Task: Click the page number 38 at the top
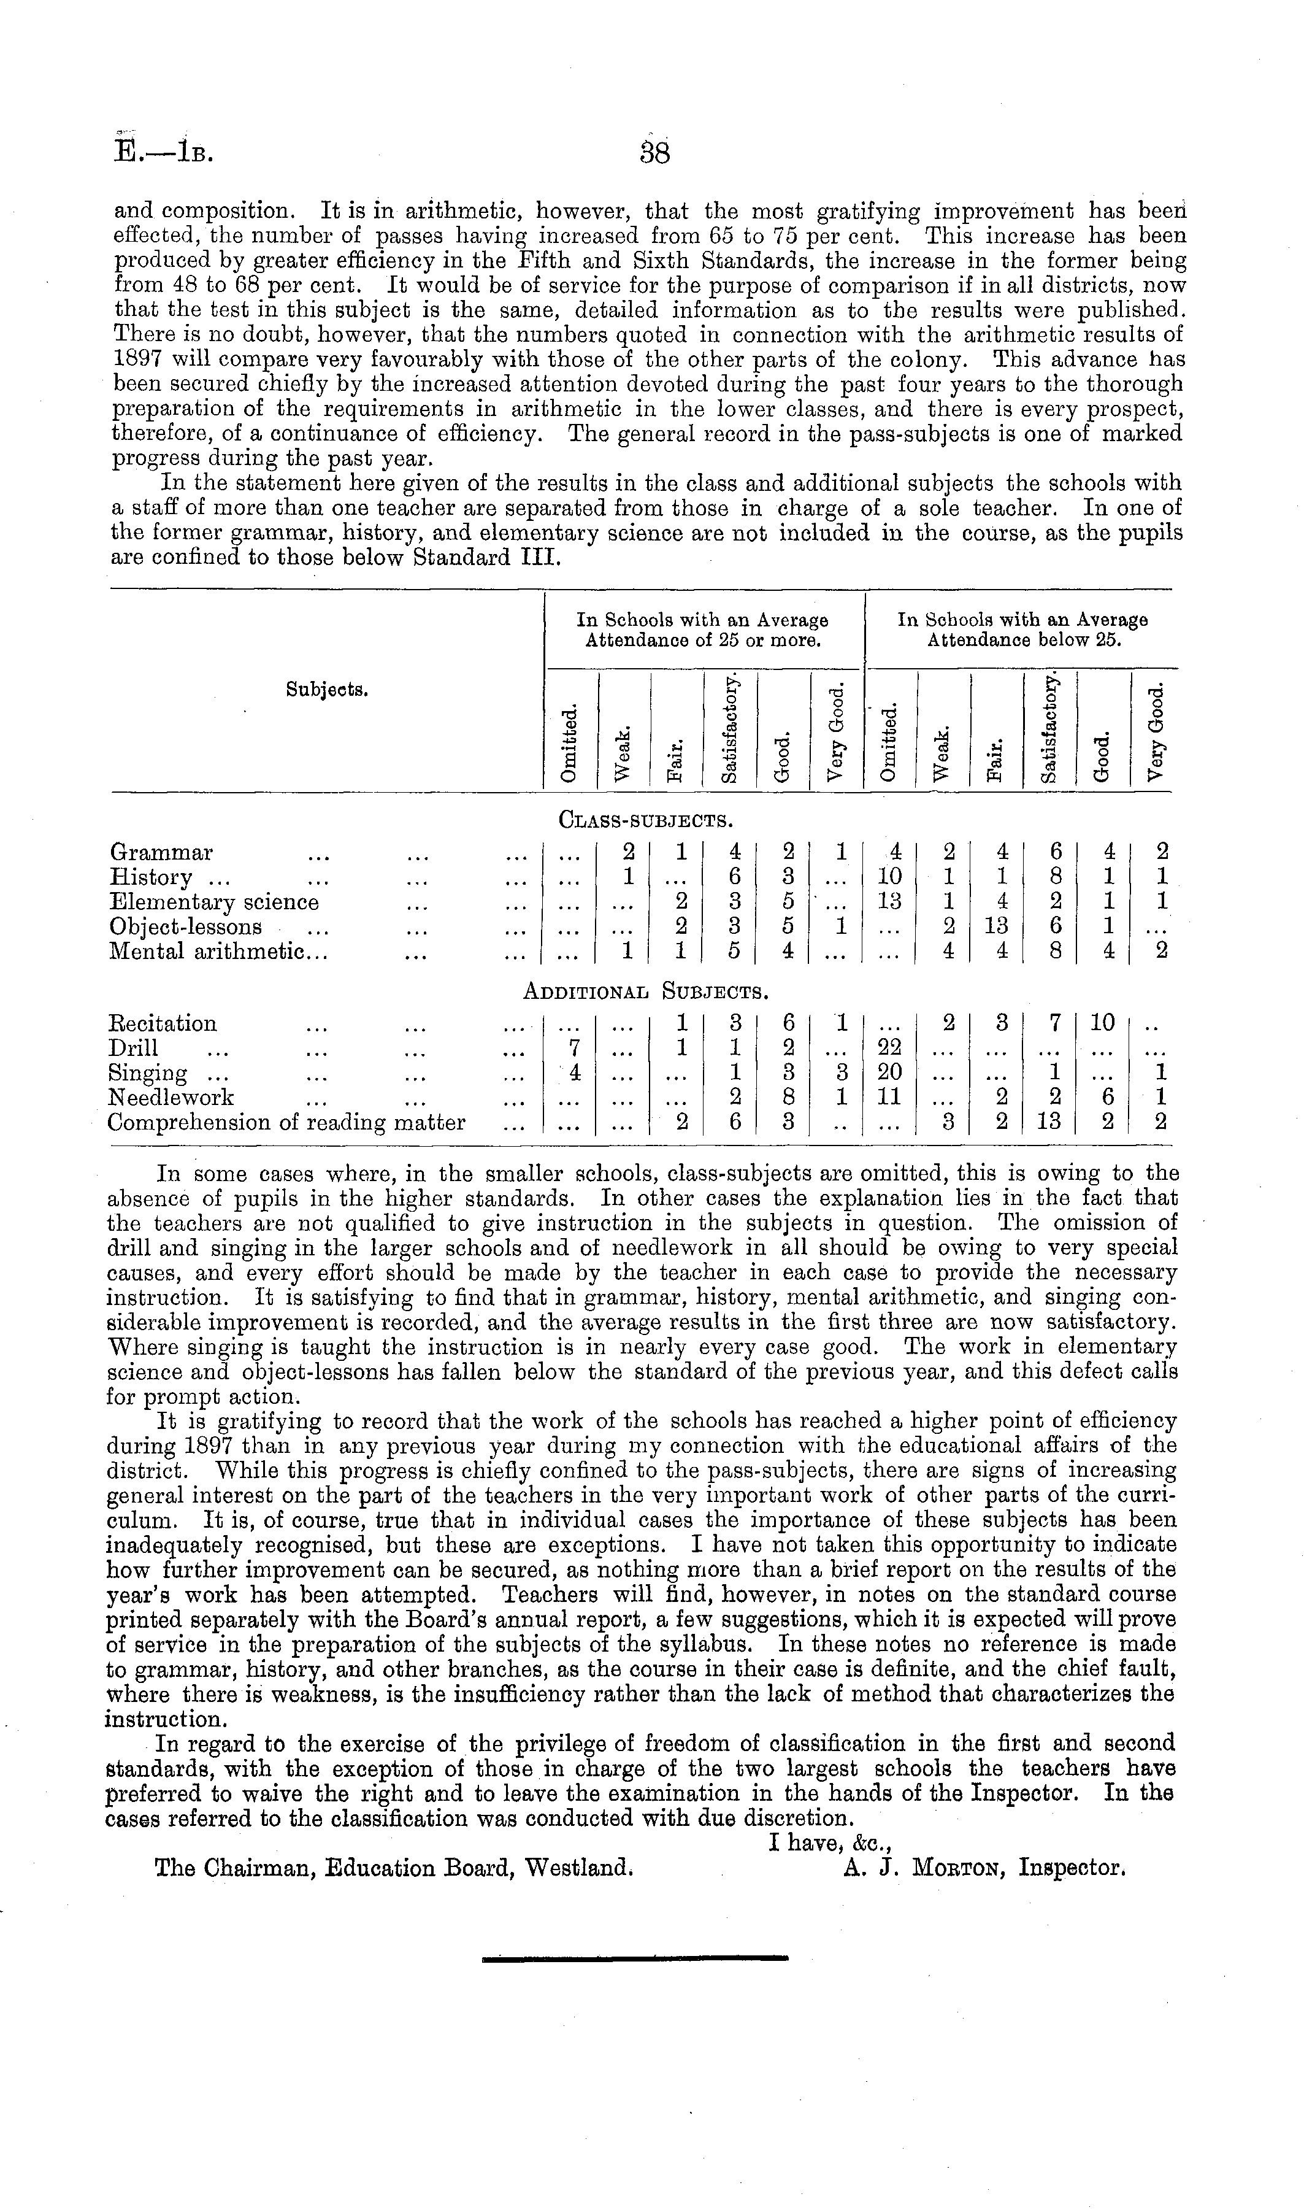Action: click(656, 152)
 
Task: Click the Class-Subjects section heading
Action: click(646, 821)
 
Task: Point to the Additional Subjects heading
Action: click(646, 992)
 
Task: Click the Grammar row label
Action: click(162, 852)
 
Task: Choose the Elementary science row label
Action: click(213, 903)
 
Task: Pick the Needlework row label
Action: click(171, 1098)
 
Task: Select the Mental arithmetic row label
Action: click(218, 952)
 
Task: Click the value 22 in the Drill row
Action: click(890, 1049)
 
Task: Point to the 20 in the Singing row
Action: click(890, 1073)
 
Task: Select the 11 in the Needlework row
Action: click(890, 1098)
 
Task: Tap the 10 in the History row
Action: click(890, 877)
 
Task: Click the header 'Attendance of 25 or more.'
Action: click(703, 641)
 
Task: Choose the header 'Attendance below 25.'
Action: click(1024, 641)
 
